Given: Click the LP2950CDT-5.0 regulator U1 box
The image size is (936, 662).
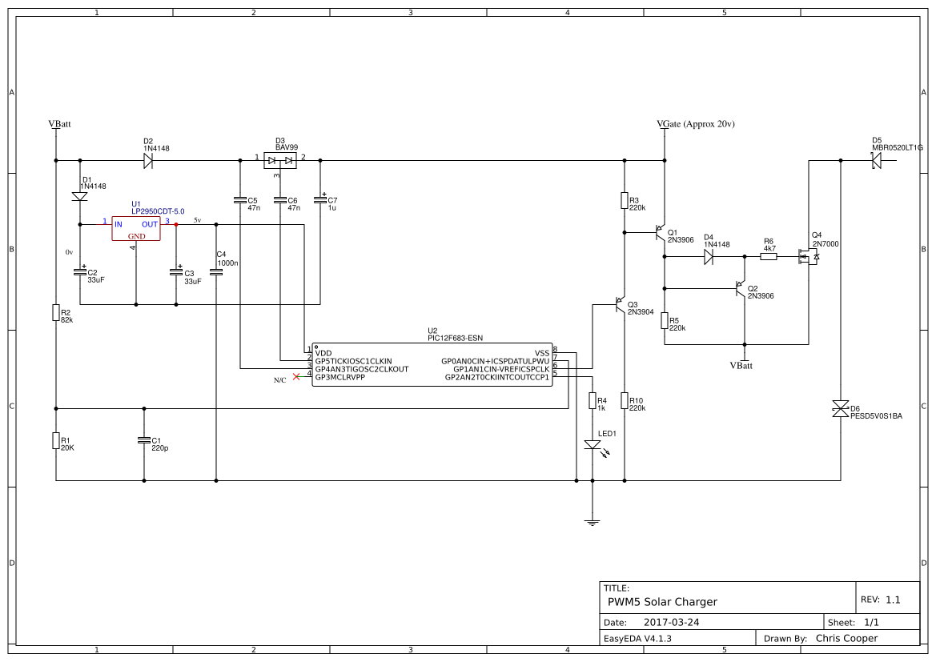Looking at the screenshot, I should coord(135,229).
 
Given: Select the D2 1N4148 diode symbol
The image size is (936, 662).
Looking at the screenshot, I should coord(148,161).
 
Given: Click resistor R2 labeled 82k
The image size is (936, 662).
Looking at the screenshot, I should coord(56,313).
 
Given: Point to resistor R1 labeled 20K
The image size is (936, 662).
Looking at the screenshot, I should coord(56,440).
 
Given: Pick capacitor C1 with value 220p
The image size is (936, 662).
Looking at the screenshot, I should coord(144,440).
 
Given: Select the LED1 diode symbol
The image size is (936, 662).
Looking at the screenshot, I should coord(593,445).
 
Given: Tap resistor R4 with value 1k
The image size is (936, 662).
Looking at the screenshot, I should coord(593,400).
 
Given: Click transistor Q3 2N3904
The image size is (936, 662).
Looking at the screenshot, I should coord(620,304).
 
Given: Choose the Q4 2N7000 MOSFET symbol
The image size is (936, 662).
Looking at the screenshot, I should coord(807,257).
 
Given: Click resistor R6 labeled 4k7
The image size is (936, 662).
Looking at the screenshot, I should coord(769,257).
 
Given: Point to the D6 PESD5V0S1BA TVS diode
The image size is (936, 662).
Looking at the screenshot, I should coord(841,409).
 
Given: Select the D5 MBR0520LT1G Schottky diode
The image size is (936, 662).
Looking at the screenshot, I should coord(877,161).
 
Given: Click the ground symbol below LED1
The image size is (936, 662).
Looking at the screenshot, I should coord(593,523).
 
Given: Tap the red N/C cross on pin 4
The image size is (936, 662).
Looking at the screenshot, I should coord(296,376).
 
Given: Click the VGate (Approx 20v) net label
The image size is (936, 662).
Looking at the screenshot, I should coord(695,124).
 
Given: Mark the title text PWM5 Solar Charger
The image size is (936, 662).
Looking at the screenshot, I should coord(662,602).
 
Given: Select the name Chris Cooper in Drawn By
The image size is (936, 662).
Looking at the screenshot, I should coord(846,638).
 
